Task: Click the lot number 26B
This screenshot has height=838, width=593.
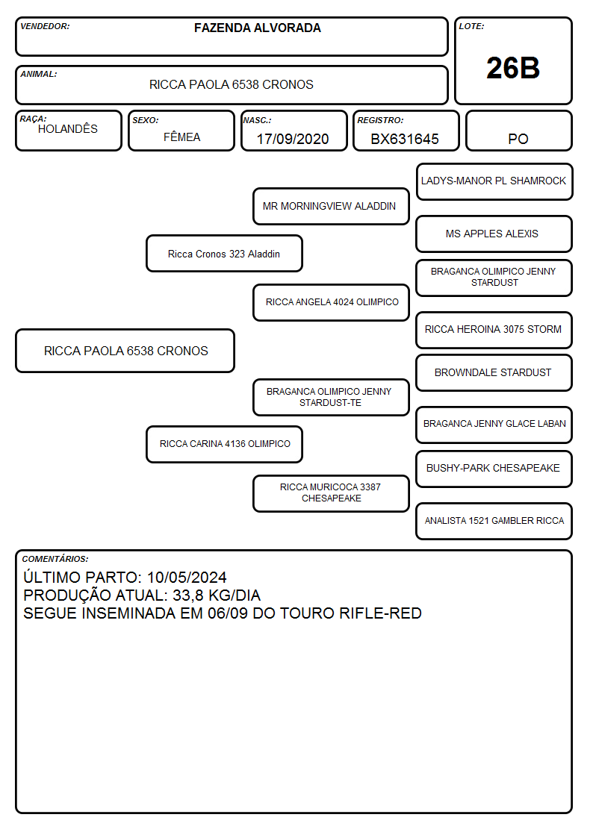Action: point(513,68)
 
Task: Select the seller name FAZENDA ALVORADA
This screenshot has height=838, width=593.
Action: point(257,28)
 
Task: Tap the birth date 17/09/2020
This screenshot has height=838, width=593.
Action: point(293,139)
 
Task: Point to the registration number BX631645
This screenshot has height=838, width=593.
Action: point(405,139)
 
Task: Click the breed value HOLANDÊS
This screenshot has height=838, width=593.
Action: point(68,128)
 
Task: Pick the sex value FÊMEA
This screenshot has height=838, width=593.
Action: point(181,137)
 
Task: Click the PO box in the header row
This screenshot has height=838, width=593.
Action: point(518,131)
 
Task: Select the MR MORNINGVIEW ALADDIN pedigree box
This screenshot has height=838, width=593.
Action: point(331,206)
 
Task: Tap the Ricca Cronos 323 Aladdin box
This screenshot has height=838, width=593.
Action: point(224,254)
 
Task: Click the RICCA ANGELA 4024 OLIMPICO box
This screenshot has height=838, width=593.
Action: point(331,302)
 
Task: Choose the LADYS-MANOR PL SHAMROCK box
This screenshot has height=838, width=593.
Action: point(494,182)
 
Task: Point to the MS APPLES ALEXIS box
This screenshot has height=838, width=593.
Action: point(494,234)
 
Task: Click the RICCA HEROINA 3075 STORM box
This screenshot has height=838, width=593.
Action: point(494,330)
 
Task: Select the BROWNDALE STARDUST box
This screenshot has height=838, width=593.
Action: point(494,372)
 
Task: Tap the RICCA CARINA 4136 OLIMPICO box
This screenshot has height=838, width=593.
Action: point(224,444)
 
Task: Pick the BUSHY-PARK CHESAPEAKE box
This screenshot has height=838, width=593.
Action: point(494,469)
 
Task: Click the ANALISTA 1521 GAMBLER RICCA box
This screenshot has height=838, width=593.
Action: point(494,521)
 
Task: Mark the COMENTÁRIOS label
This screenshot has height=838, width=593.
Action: point(55,559)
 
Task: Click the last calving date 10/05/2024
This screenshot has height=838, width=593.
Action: point(187,577)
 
